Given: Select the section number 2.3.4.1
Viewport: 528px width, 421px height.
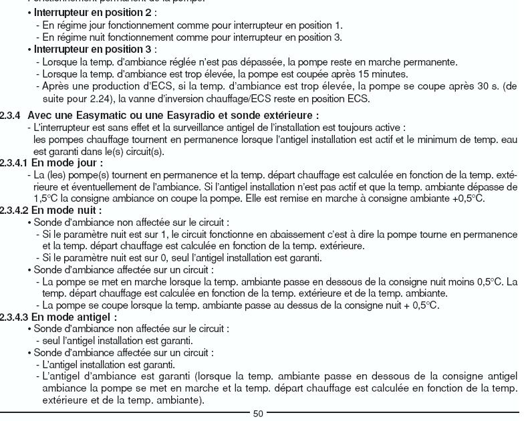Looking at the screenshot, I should (x=14, y=162).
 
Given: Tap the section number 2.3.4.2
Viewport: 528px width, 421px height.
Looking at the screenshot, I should (x=14, y=210).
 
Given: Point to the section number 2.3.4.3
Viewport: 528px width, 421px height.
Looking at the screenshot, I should (x=14, y=317).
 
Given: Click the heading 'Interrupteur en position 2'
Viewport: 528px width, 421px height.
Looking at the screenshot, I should (x=93, y=13).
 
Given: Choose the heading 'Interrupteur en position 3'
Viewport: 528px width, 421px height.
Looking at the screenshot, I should (x=93, y=49).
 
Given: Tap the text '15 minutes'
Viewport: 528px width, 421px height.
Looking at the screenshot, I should (x=384, y=74).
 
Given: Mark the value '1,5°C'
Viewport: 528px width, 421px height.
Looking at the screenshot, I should (x=47, y=198).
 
